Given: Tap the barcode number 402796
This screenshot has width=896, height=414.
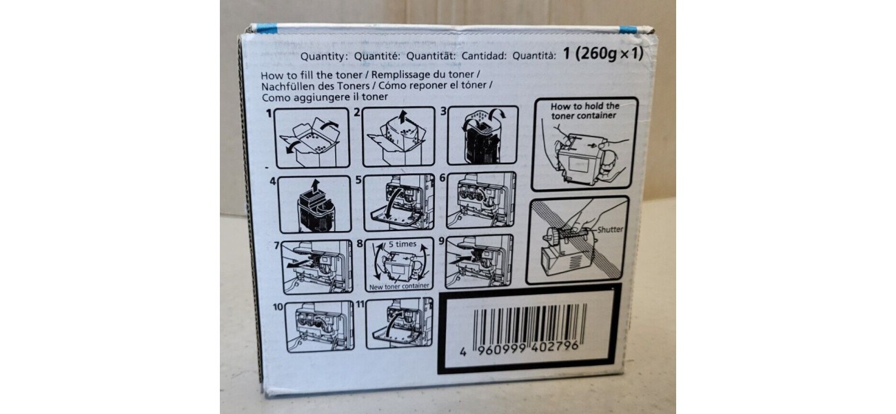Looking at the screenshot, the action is [554, 347].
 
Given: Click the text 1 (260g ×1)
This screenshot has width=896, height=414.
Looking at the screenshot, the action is [603, 53].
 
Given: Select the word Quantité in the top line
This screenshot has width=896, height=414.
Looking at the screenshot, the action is [377, 56].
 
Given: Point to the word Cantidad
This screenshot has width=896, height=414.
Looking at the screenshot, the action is [485, 56].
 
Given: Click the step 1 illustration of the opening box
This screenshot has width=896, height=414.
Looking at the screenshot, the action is [312, 138].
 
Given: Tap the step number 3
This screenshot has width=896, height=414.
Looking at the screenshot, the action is [444, 111].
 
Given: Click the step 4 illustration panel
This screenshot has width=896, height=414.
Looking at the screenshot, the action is [315, 205].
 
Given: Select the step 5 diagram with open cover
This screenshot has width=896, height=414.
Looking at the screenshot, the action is [399, 202].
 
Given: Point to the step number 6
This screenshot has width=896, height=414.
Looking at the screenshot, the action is [442, 178].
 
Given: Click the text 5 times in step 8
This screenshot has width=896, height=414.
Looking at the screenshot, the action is [403, 244].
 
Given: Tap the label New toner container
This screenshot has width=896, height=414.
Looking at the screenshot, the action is [399, 286].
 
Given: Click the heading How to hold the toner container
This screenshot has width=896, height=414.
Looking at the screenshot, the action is [584, 111].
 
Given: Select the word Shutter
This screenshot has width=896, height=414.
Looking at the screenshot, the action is [610, 229].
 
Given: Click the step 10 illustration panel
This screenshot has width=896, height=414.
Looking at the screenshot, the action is [319, 326].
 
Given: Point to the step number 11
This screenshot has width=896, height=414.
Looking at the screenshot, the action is [360, 304].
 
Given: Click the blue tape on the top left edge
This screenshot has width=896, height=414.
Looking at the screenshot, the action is [267, 28].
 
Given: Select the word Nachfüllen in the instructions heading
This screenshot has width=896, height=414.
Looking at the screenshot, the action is [286, 86].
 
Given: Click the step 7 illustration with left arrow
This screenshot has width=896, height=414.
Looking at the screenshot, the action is [316, 267].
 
